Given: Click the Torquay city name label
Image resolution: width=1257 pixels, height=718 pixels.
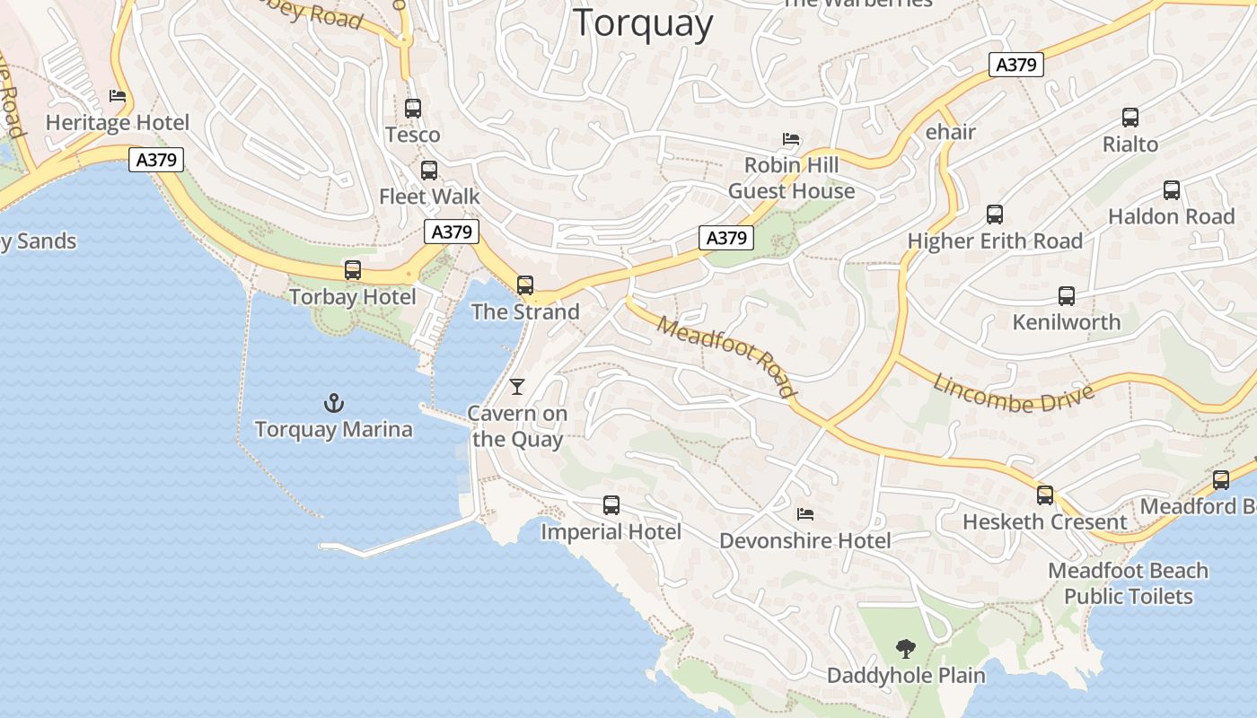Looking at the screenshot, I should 643,22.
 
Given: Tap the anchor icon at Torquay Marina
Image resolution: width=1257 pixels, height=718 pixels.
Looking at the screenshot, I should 334,403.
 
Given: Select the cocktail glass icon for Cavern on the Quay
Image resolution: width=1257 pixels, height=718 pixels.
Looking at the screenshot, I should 517,387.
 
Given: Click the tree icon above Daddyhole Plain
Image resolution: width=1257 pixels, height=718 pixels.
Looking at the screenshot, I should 906,648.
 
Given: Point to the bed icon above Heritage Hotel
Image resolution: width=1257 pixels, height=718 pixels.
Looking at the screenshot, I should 118,96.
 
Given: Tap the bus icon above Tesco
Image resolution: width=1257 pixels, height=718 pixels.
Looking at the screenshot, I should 413,109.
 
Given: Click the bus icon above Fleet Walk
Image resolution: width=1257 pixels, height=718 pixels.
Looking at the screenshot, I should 429,171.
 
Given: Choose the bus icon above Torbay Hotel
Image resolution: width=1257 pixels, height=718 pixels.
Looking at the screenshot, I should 353,270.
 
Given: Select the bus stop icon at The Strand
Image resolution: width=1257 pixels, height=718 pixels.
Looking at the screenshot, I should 525,285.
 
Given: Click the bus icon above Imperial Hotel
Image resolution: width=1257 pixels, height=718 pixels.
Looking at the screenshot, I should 611,505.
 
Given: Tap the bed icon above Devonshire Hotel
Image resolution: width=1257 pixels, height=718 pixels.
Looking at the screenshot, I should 805,514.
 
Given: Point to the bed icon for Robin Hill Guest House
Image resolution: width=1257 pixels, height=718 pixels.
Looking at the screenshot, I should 791,139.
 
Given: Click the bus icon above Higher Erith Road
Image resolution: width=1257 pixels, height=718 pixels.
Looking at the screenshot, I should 995,215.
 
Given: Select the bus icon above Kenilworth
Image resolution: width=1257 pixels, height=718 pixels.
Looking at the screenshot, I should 1067,296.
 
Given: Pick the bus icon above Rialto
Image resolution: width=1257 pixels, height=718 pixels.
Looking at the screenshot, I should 1130,118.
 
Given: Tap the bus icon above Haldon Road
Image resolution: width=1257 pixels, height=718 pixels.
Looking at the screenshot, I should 1172,190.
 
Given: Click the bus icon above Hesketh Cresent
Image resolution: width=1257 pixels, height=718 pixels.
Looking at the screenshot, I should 1045,495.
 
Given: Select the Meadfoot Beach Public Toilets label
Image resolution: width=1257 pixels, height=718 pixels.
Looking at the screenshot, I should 1129,583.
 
